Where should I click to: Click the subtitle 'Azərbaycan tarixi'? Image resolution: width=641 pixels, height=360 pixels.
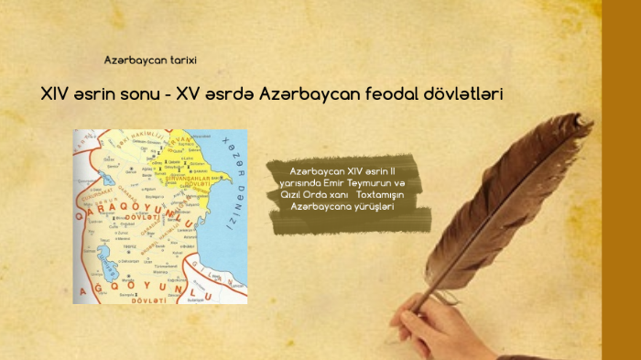pyautogui.click(x=151, y=60)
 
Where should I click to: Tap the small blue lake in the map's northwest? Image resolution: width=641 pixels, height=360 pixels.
pyautogui.click(x=108, y=178)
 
